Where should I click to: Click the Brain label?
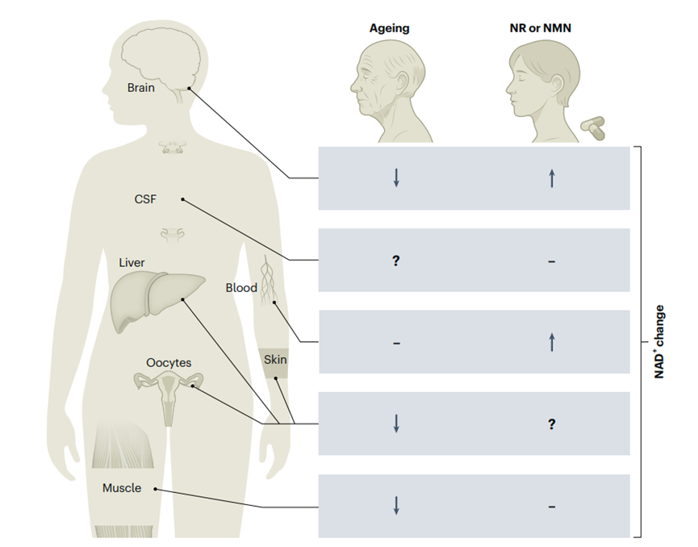click(x=141, y=87)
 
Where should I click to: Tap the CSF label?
click(x=145, y=198)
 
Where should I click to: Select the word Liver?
click(x=132, y=263)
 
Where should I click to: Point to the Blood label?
click(x=241, y=287)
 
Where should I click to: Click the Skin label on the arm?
click(x=275, y=360)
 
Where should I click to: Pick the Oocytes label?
click(x=169, y=363)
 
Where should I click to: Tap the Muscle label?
click(x=122, y=488)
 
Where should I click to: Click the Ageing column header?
click(x=390, y=28)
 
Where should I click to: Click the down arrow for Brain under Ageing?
click(x=396, y=178)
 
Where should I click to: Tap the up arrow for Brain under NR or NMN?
click(x=552, y=178)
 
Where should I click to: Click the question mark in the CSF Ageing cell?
click(x=396, y=261)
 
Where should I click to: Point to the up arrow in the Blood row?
click(x=552, y=342)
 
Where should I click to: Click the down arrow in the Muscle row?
click(x=396, y=506)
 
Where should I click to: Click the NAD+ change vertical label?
click(x=659, y=341)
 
